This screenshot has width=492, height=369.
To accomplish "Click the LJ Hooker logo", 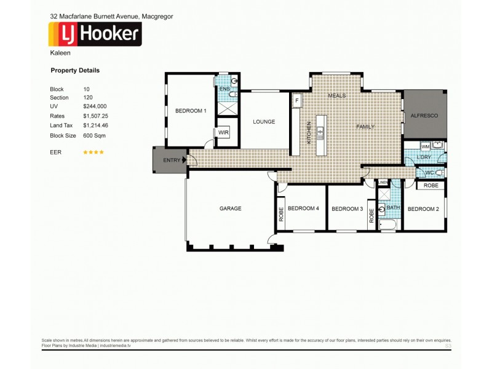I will [95, 34].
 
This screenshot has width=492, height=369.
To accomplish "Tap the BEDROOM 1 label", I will [191, 111].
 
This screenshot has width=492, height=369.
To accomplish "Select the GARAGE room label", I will [231, 208].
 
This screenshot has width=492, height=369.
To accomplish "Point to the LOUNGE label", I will [264, 122].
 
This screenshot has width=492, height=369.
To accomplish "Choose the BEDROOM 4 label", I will [303, 208].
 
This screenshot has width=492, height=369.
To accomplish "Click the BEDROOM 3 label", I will [347, 208].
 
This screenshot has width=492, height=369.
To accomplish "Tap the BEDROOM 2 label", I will [423, 208].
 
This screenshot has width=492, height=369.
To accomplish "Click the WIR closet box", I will [221, 132].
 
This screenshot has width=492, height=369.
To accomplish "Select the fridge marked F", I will [296, 100].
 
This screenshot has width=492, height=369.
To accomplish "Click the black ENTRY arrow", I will [184, 161].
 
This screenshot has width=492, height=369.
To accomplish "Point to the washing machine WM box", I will [425, 146].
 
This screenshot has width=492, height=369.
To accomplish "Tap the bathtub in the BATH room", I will [389, 224].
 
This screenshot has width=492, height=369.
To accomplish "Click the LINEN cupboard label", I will [383, 183].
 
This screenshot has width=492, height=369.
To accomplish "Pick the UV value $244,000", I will [95, 106].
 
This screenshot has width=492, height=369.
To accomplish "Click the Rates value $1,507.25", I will [95, 116].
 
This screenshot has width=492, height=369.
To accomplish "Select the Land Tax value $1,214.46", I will [95, 125].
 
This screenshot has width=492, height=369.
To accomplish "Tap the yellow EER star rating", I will [93, 152].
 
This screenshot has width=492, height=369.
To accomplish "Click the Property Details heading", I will [74, 71].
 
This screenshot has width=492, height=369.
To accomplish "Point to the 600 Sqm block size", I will [94, 135].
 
